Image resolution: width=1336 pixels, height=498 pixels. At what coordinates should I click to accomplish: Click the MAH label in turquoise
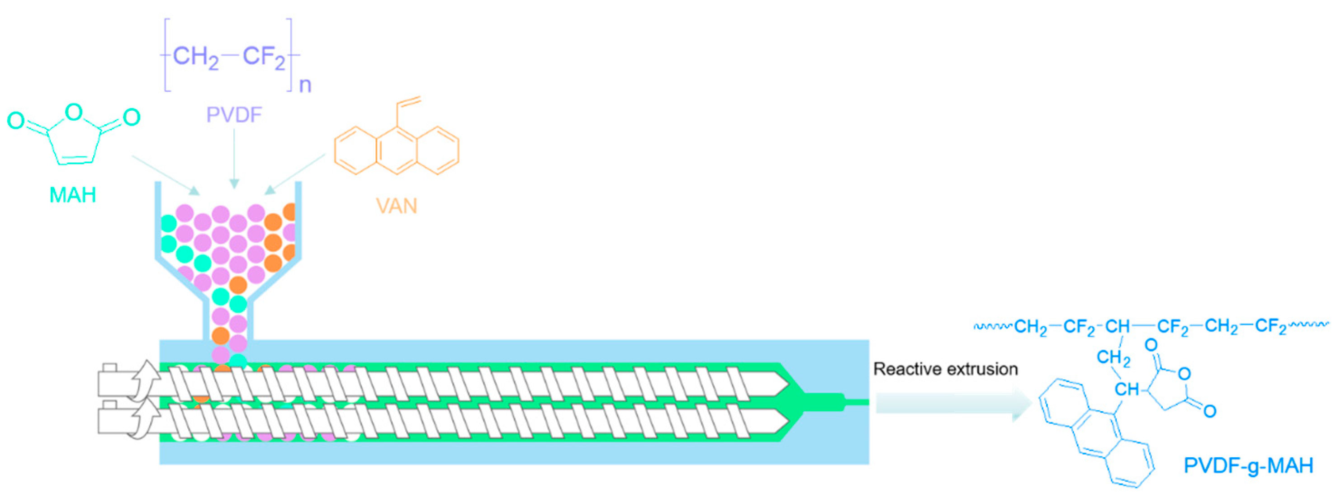pos(73,195)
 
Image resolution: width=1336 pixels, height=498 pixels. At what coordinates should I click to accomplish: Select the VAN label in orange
pos(396,206)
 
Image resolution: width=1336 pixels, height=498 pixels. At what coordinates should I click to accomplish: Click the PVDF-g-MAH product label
pos(1248,465)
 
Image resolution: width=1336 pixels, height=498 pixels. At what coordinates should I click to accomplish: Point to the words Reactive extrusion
pos(945,369)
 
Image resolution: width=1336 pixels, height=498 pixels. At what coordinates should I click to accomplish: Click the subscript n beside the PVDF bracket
pos(305,85)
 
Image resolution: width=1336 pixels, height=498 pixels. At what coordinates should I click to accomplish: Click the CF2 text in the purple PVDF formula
pos(264,56)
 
